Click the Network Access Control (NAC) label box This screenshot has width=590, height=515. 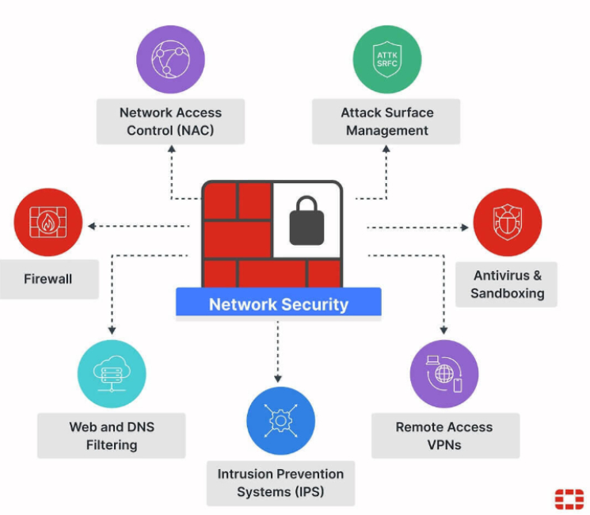click(x=170, y=121)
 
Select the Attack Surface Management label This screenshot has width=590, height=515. click(x=386, y=121)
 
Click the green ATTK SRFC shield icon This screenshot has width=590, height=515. click(x=386, y=59)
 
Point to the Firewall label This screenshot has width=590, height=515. click(x=48, y=279)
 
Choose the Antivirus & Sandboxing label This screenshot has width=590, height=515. click(x=507, y=284)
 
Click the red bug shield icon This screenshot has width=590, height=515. click(x=507, y=223)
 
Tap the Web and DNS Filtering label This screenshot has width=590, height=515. click(x=111, y=436)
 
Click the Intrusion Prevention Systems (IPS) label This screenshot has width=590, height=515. click(x=280, y=483)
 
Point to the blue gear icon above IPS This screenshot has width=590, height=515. click(x=280, y=422)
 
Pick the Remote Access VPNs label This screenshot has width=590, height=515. click(x=444, y=436)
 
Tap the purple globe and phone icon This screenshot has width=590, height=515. click(x=444, y=375)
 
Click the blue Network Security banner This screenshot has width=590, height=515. click(x=278, y=304)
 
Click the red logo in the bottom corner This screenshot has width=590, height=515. click(x=569, y=499)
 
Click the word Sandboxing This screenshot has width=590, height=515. click(x=507, y=293)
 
